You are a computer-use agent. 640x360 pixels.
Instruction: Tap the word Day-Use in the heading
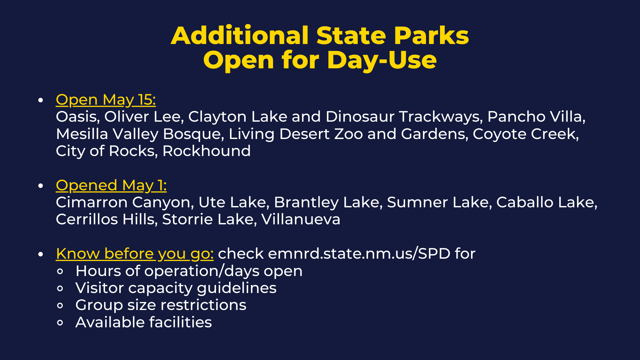(382, 61)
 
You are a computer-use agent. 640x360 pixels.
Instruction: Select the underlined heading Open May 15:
(106, 100)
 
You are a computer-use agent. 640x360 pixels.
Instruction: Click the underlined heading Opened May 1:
(111, 186)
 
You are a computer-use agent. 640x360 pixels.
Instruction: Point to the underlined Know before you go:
(135, 254)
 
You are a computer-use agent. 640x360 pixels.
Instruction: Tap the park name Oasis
(78, 117)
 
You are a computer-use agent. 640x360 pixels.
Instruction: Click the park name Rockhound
(206, 151)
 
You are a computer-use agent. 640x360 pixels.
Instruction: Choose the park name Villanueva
(301, 219)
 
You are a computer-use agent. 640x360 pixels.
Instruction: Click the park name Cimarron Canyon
(125, 202)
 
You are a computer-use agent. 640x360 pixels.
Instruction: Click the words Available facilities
(144, 322)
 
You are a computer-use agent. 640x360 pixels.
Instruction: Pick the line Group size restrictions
(161, 305)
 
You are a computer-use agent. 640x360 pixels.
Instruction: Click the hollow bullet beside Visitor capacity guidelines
(60, 289)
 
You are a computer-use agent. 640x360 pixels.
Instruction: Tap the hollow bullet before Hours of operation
(60, 272)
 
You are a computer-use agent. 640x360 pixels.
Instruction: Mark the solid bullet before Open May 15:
(41, 100)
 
